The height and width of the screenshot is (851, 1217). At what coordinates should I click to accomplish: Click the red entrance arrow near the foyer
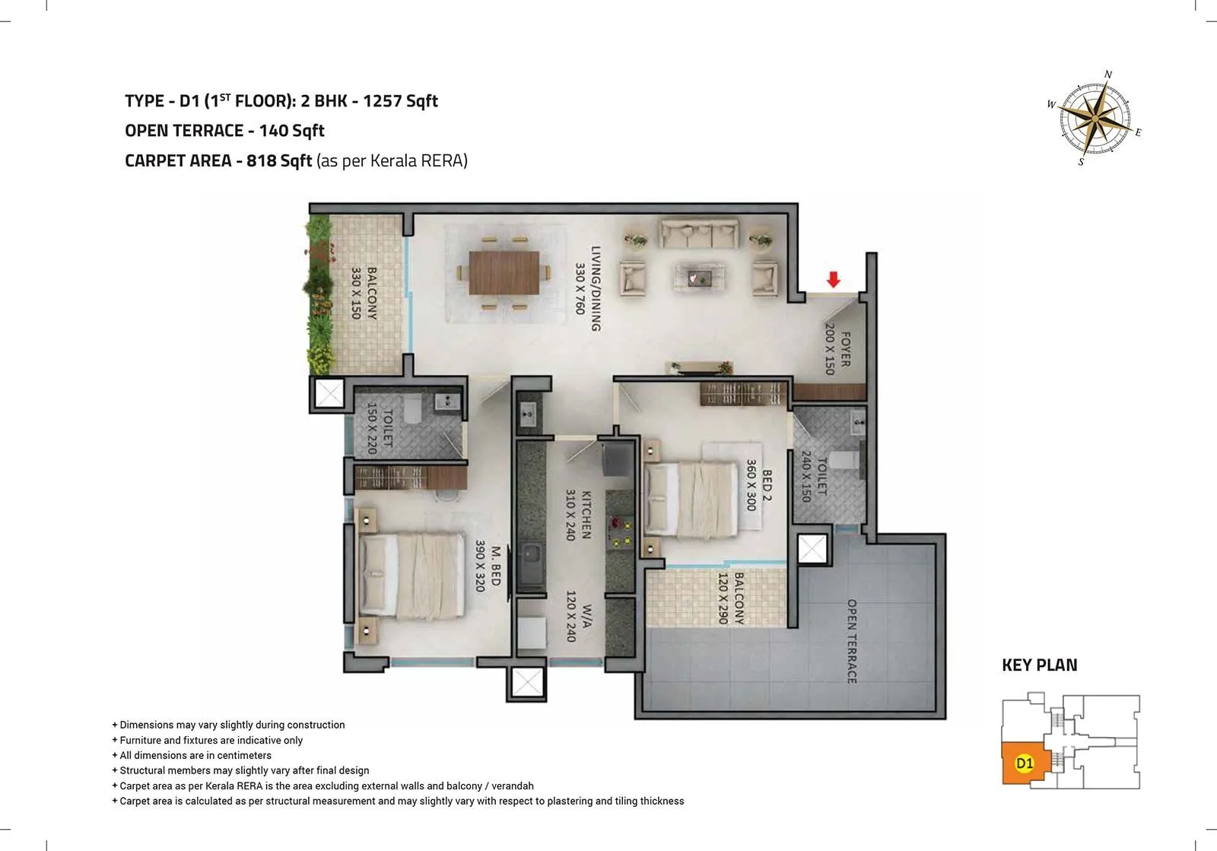click(x=834, y=280)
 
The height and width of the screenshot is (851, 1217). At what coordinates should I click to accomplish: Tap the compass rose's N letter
click(x=1108, y=75)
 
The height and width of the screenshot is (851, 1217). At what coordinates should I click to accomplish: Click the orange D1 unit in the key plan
click(x=1025, y=763)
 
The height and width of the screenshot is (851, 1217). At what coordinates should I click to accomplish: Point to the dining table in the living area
click(x=504, y=272)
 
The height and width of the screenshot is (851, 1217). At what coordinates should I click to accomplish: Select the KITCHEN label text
click(x=586, y=514)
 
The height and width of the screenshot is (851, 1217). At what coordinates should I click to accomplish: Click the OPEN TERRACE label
click(x=852, y=641)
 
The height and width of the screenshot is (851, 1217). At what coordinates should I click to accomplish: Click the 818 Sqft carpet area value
click(x=279, y=160)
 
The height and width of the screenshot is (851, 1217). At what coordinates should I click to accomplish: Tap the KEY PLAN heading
click(x=1039, y=665)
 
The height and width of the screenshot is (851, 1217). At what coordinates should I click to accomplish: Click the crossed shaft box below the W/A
click(x=527, y=683)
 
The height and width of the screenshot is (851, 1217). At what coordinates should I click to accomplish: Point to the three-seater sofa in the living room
click(x=699, y=233)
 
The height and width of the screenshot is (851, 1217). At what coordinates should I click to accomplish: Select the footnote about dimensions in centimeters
click(x=195, y=755)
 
